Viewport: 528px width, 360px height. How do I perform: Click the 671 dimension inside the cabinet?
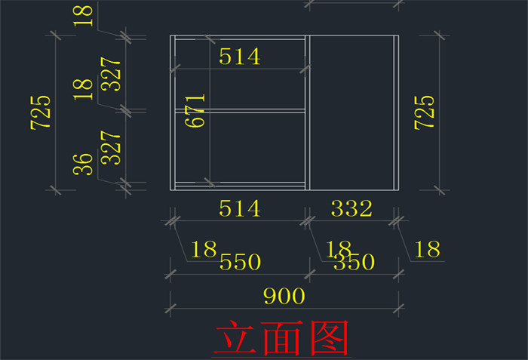195,110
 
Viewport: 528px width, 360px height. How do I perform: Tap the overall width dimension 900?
284,296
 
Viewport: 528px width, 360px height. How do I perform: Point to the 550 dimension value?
240,262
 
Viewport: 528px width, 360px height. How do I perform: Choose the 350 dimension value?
355,262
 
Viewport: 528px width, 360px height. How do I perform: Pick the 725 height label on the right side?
424,112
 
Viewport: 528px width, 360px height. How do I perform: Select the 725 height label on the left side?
41,112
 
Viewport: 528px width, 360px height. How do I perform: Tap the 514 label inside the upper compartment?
240,56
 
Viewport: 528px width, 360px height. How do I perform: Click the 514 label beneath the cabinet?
240,208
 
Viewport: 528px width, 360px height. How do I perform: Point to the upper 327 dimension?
111,73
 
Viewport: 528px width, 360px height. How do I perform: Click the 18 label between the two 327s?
84,89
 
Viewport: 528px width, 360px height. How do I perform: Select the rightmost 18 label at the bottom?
428,249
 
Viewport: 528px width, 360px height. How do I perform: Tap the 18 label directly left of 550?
204,249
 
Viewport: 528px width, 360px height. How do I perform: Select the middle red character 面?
281,339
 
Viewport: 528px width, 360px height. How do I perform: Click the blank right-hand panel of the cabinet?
352,112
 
